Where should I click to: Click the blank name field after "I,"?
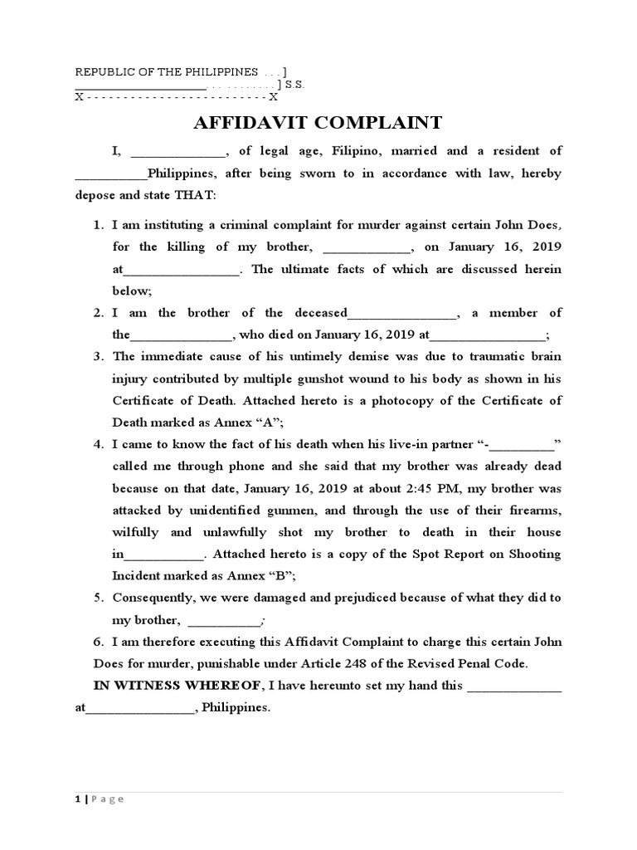(178, 152)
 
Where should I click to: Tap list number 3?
(97, 357)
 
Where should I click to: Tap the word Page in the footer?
(108, 799)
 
